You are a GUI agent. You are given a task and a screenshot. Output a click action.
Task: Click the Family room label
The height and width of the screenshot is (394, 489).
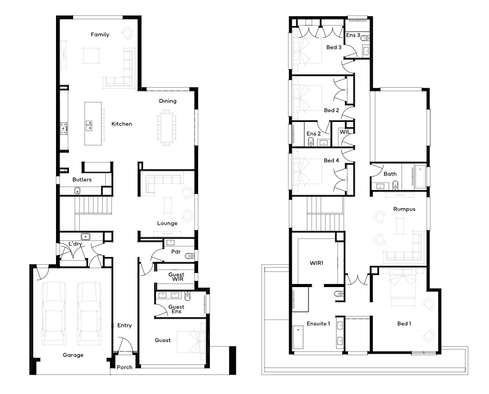point(100,34)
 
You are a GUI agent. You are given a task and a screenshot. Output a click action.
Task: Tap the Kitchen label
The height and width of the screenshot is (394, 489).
point(122,124)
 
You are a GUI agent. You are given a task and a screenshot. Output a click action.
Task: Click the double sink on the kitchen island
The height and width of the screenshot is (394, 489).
point(89,125)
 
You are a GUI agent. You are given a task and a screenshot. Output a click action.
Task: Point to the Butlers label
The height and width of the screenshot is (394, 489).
point(82,180)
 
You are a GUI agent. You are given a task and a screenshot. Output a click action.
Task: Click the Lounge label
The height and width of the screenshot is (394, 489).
point(167,223)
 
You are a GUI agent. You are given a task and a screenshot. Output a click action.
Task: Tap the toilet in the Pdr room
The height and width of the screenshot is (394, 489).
point(189,256)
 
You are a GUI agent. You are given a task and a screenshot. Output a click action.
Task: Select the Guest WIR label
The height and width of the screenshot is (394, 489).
point(176,277)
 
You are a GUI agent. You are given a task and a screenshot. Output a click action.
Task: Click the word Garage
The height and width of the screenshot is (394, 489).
point(73,355)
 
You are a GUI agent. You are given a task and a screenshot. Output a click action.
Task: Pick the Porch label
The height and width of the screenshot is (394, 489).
point(124,367)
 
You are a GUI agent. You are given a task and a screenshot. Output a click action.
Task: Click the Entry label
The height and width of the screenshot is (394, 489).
point(124,325)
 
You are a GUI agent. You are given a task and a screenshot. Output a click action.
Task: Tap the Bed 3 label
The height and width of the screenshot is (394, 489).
point(334,47)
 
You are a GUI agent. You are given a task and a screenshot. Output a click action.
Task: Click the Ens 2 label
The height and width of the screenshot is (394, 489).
point(313,133)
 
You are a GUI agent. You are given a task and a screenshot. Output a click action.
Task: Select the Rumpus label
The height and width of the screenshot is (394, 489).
point(404,209)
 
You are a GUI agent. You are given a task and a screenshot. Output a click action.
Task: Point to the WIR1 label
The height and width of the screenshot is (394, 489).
point(316,263)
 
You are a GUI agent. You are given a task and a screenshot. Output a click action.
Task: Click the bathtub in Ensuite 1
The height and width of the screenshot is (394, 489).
point(299,337)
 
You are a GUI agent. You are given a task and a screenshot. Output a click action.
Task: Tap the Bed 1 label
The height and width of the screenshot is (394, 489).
point(404,323)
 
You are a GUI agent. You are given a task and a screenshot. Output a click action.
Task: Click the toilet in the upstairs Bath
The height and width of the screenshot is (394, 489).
point(395,185)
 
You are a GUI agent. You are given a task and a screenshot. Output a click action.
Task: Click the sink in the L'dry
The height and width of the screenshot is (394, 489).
point(85,236)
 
